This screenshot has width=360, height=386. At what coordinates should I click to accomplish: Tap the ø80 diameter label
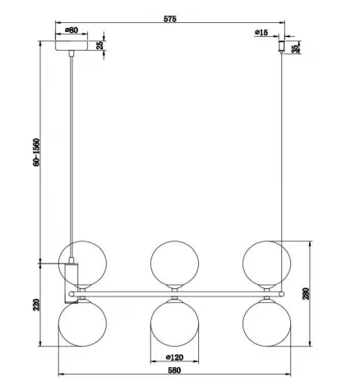tap(72, 30)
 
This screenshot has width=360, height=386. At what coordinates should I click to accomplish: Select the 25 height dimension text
tap(101, 46)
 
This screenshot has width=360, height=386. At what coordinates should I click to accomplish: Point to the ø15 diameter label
tap(262, 32)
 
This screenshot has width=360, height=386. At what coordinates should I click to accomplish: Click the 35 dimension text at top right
tap(297, 47)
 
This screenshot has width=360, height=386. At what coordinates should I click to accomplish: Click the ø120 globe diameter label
tap(174, 357)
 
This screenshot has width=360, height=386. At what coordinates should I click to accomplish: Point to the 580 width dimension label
tap(173, 371)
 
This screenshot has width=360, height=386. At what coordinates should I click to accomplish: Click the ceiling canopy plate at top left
tap(73, 46)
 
